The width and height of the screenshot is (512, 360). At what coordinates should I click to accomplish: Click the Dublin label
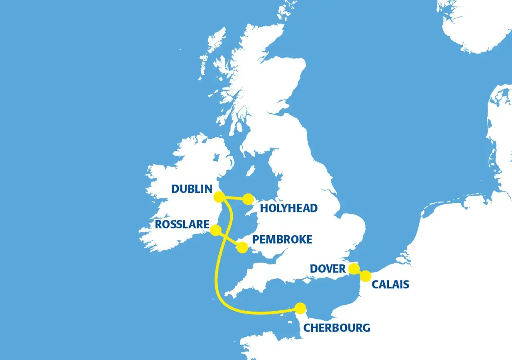click(192, 189)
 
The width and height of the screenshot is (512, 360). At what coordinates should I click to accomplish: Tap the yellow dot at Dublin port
click(219, 197)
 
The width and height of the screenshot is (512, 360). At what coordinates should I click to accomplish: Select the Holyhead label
click(288, 208)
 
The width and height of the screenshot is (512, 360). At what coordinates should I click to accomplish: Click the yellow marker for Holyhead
click(248, 199)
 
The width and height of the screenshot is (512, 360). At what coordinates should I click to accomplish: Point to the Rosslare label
click(182, 224)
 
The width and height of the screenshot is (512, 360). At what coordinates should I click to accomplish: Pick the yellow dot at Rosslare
click(216, 230)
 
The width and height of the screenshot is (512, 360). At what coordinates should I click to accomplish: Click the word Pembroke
click(282, 239)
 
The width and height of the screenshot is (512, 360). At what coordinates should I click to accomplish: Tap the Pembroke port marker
click(242, 248)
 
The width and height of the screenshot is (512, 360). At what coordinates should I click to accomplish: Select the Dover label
click(328, 268)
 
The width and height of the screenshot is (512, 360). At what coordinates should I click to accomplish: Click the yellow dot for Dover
click(354, 269)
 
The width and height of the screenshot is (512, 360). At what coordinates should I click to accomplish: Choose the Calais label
click(390, 284)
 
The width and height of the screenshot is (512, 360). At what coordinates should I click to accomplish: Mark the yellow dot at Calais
click(365, 276)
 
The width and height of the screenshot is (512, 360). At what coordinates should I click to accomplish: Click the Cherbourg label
click(336, 328)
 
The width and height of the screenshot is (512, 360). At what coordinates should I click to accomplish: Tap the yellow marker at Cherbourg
click(300, 308)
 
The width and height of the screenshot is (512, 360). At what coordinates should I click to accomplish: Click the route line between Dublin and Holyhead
click(234, 198)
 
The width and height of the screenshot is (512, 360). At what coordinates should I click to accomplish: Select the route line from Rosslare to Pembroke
click(229, 239)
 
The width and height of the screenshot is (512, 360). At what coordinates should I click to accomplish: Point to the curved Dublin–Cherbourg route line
click(216, 272)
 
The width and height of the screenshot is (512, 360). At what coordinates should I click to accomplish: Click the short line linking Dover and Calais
click(360, 272)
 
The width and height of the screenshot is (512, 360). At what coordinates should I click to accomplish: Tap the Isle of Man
click(250, 171)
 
